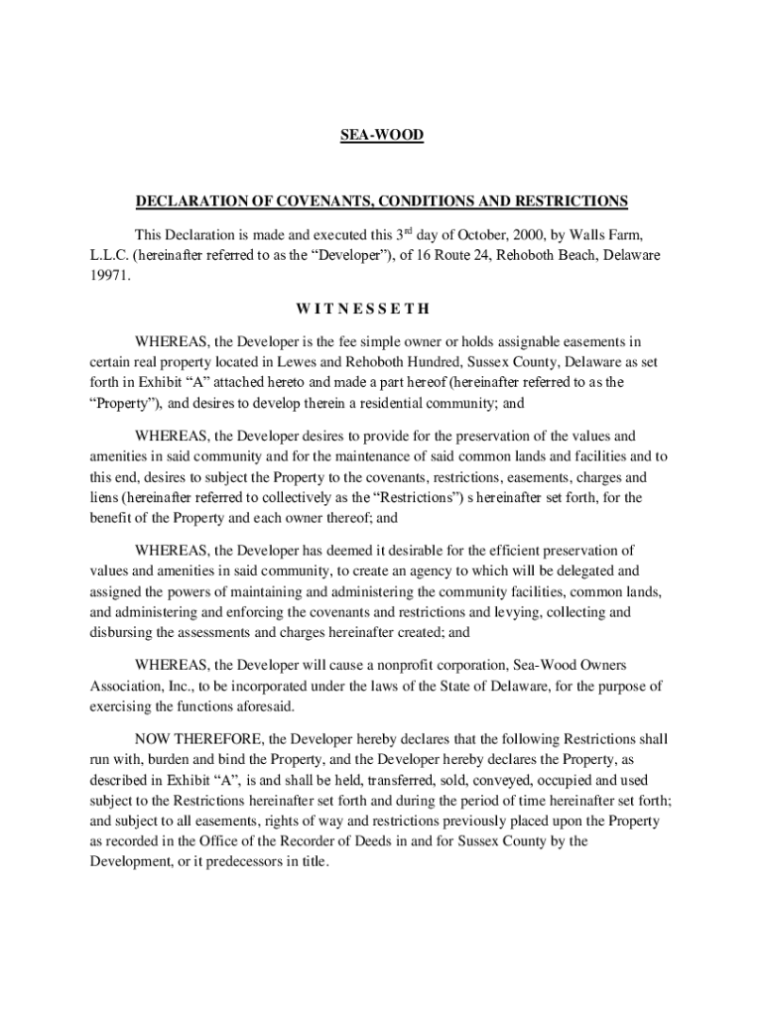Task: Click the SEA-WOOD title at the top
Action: click(x=381, y=135)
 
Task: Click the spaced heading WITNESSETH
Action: click(x=381, y=310)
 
